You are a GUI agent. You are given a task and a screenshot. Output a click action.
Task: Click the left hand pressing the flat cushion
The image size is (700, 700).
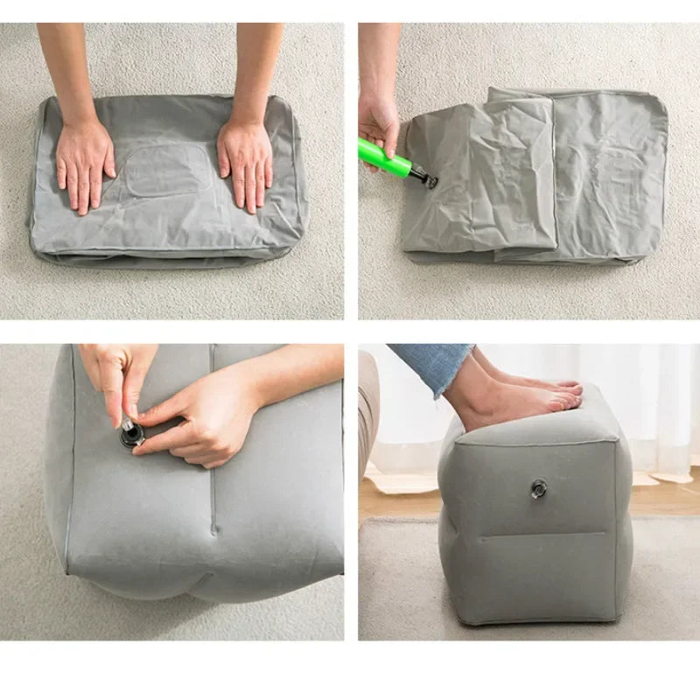[x=84, y=164]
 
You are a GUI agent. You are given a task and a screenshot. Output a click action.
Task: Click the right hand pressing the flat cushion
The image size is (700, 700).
[x=245, y=164]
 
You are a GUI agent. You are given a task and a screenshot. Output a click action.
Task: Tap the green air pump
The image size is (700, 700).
[x=385, y=158]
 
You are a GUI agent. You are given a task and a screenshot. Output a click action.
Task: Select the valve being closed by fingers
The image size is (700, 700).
[x=131, y=434]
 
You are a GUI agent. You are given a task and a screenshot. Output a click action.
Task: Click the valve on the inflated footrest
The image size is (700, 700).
[x=537, y=488]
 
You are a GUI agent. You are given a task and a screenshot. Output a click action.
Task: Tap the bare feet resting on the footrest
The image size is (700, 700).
[x=525, y=398]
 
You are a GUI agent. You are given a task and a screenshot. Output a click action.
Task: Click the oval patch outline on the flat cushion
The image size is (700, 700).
[x=166, y=171]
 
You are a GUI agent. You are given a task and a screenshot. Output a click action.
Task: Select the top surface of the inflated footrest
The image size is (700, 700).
[x=542, y=424]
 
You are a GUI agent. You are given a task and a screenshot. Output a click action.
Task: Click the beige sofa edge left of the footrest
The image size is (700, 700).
[x=367, y=420]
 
